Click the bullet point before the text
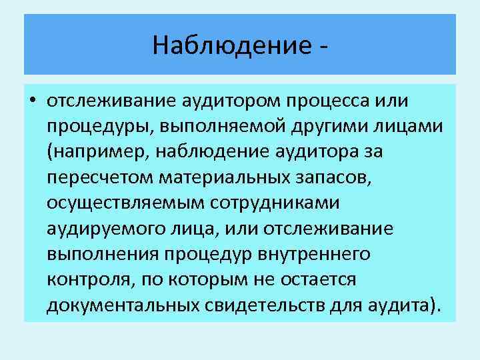click(31, 102)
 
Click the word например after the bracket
click(99, 153)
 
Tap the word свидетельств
click(268, 305)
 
